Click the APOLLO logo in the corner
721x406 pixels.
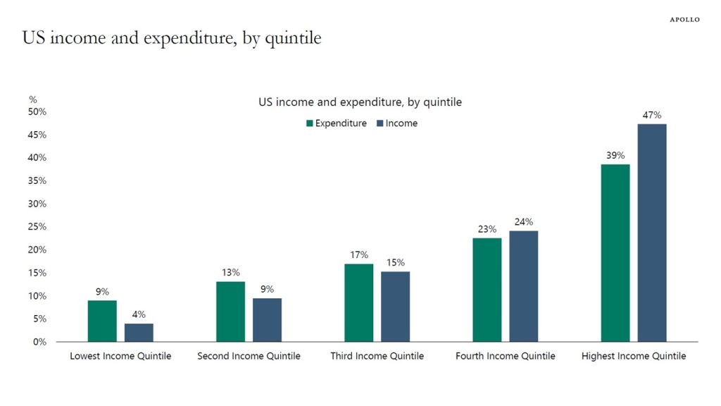pyautogui.click(x=684, y=20)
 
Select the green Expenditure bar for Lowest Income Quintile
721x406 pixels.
pyautogui.click(x=102, y=321)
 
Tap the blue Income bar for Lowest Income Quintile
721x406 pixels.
pyautogui.click(x=139, y=332)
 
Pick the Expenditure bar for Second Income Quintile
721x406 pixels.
pyautogui.click(x=230, y=312)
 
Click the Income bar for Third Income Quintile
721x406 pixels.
pyautogui.click(x=395, y=306)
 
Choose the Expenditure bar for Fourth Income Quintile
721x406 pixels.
pyautogui.click(x=487, y=290)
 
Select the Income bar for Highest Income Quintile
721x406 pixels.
pyautogui.click(x=652, y=233)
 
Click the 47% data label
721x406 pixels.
pyautogui.click(x=651, y=116)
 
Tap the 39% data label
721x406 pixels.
pyautogui.click(x=615, y=156)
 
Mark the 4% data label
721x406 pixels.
pyautogui.click(x=139, y=314)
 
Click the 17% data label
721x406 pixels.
pyautogui.click(x=358, y=255)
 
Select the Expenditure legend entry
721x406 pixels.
pyautogui.click(x=336, y=123)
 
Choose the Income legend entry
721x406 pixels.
pyautogui.click(x=397, y=123)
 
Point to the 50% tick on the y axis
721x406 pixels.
pyautogui.click(x=37, y=112)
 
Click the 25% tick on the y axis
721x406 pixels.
pyautogui.click(x=37, y=227)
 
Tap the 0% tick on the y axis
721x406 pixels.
pyautogui.click(x=39, y=342)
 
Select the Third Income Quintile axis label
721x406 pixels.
pyautogui.click(x=377, y=356)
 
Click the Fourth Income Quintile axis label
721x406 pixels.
pyautogui.click(x=505, y=356)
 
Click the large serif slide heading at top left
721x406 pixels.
pyautogui.click(x=172, y=37)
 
